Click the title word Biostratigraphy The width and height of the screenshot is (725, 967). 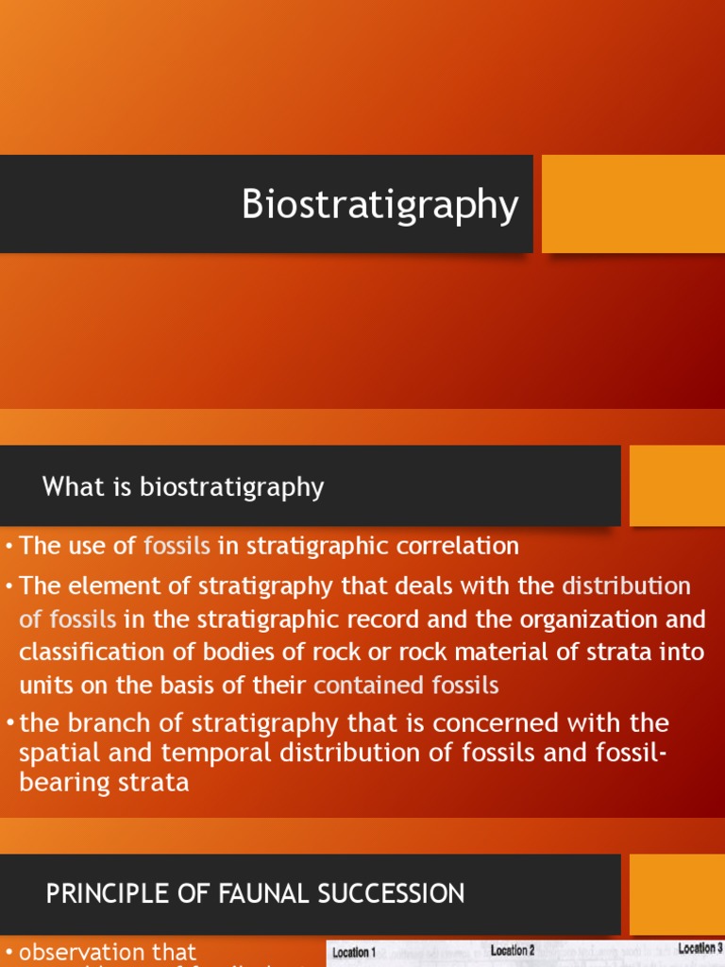(x=379, y=205)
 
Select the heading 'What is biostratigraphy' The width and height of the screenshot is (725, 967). (x=183, y=487)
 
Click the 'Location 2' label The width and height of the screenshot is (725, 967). (x=513, y=951)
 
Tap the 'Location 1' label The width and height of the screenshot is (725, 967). (x=354, y=953)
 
